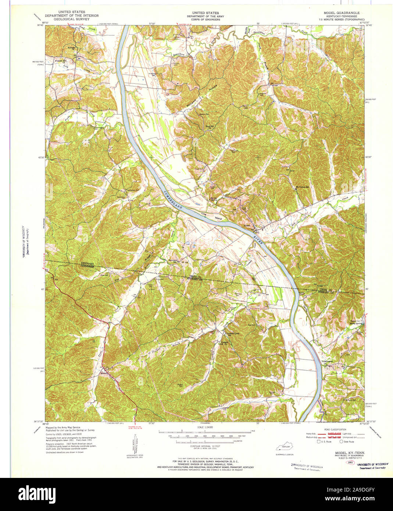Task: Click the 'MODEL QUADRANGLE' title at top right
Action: click(342, 13)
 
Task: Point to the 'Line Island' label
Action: click(211, 216)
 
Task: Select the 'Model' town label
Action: click(103, 373)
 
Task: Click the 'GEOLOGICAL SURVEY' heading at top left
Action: click(71, 19)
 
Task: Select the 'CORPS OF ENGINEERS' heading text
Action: click(203, 19)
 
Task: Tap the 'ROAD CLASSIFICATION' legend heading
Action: click(335, 430)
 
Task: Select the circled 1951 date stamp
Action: click(350, 462)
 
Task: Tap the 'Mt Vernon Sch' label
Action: click(304, 187)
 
